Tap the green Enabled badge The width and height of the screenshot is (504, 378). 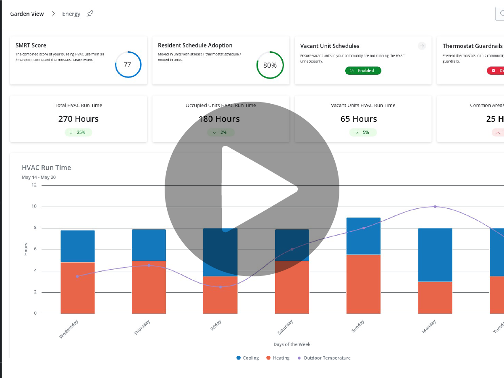click(x=363, y=71)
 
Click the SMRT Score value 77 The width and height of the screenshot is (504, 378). click(x=128, y=65)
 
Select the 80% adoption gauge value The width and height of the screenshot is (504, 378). click(x=270, y=65)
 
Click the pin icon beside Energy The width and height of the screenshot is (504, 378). click(x=90, y=14)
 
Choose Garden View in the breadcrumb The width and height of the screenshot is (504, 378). click(x=27, y=14)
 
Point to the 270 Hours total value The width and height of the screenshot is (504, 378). click(x=79, y=119)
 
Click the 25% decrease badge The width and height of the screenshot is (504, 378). click(x=79, y=132)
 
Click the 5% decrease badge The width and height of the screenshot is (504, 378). click(x=363, y=132)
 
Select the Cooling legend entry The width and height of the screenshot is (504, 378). click(x=247, y=358)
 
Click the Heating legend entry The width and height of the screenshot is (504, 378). click(x=278, y=358)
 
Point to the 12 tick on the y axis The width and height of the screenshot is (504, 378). click(x=34, y=185)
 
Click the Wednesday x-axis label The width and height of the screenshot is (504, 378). click(x=69, y=329)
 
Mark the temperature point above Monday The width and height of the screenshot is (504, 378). click(x=435, y=207)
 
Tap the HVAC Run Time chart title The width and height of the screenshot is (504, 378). click(x=47, y=168)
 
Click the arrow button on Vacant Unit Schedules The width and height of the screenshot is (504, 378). click(x=422, y=46)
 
